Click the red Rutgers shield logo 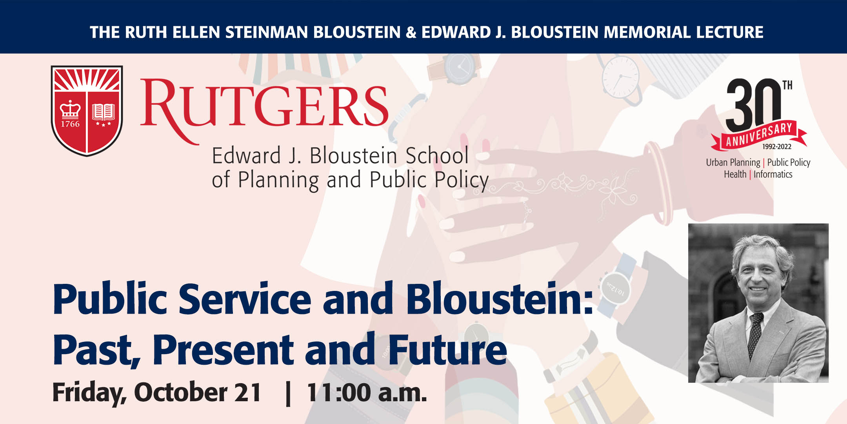tap(87, 111)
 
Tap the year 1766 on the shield tap(70, 124)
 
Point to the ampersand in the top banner tap(411, 32)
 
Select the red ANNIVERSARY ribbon tap(759, 136)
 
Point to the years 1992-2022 tap(776, 147)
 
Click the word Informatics tap(773, 174)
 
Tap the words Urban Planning tap(733, 163)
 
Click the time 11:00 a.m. tap(367, 392)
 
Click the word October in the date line tap(180, 392)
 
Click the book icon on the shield tap(103, 112)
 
